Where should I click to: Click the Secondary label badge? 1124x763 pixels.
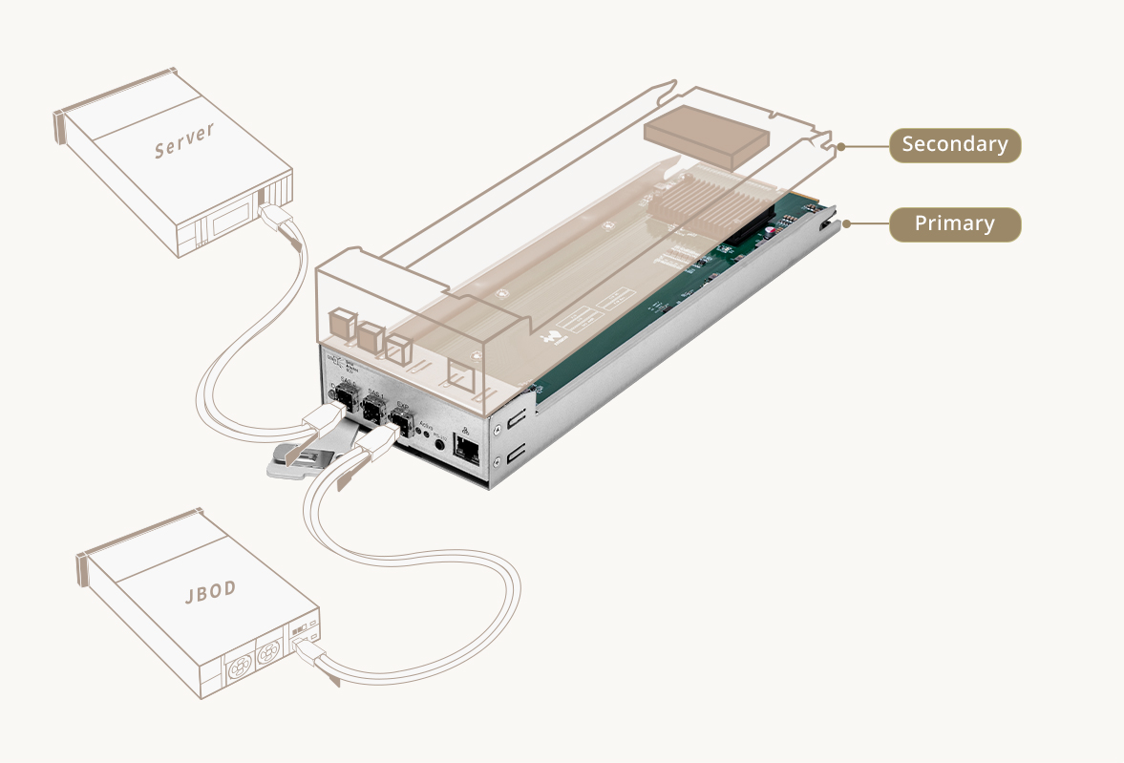coord(955,145)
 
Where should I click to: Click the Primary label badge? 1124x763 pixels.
coord(955,223)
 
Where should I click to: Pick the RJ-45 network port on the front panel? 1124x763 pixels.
coord(467,448)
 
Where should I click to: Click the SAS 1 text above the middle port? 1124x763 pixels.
coord(375,394)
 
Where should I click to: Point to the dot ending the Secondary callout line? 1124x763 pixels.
coord(841,146)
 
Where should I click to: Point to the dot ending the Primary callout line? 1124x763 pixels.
coord(846,224)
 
